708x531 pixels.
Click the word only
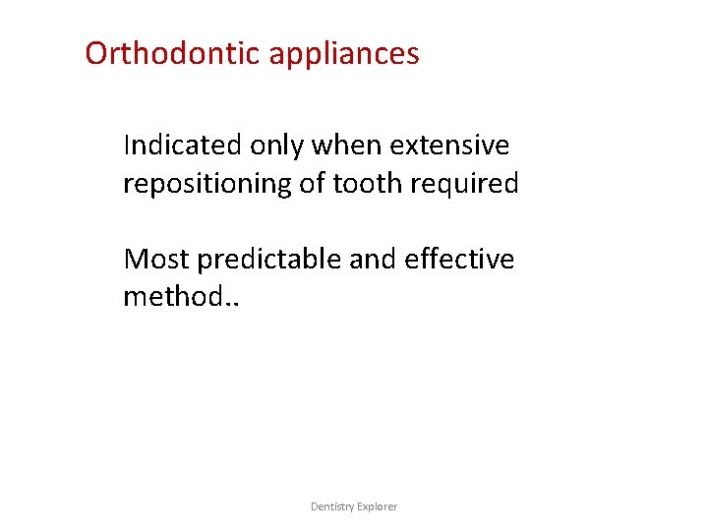point(276,147)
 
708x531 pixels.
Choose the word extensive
point(449,146)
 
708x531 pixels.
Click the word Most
point(156,260)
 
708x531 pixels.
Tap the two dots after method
point(232,304)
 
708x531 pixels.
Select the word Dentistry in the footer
point(333,506)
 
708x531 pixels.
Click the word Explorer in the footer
point(379,506)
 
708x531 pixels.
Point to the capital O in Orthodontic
point(96,53)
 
